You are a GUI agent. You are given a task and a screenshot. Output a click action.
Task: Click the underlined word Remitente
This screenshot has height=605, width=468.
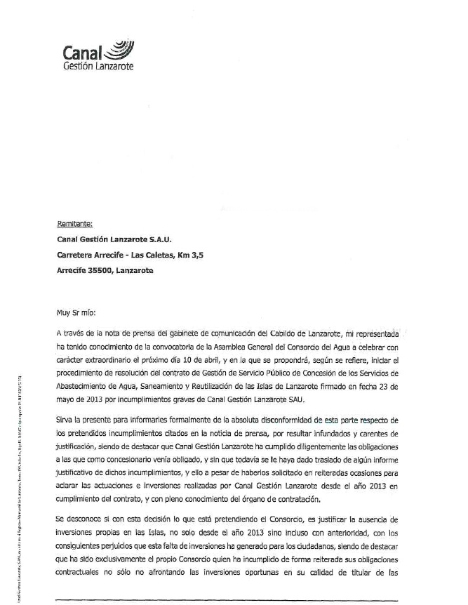pos(74,224)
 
